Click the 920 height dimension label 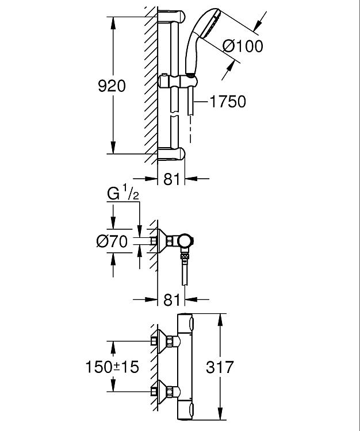112,86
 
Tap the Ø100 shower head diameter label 243,46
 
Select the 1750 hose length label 228,101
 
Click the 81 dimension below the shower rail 171,179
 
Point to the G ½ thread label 123,193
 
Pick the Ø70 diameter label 112,241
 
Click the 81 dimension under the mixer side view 171,299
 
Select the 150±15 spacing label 112,367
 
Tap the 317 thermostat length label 220,367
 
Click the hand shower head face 212,23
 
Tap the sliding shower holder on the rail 178,82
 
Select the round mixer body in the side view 185,241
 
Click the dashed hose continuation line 190,129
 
